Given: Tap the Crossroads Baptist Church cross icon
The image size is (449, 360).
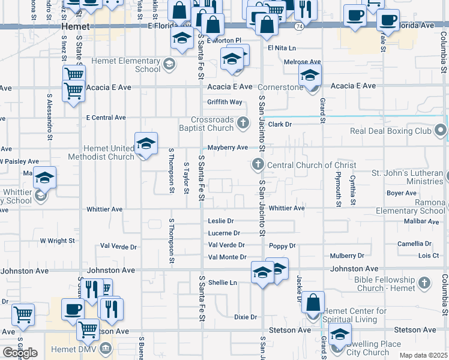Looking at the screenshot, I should pyautogui.click(x=243, y=123).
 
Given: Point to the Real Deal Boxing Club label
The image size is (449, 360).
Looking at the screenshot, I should pyautogui.click(x=390, y=131).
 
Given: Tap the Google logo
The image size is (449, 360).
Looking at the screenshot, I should pyautogui.click(x=20, y=353).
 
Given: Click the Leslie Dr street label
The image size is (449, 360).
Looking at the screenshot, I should pyautogui.click(x=221, y=221).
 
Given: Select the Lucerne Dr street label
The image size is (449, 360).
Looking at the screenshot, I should pyautogui.click(x=224, y=233).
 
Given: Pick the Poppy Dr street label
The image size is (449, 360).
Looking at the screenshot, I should pyautogui.click(x=282, y=246).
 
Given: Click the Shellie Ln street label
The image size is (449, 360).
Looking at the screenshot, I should pyautogui.click(x=223, y=283).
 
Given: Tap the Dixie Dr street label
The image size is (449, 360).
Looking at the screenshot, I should pyautogui.click(x=246, y=317).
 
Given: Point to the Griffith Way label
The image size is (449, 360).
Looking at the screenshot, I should pyautogui.click(x=224, y=102).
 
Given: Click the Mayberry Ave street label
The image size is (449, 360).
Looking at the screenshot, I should pyautogui.click(x=228, y=148).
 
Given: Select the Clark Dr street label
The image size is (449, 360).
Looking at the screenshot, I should pyautogui.click(x=279, y=124).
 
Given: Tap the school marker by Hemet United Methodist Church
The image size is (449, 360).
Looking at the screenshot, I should pyautogui.click(x=146, y=144).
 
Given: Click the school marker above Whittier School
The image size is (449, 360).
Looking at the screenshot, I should pyautogui.click(x=44, y=178).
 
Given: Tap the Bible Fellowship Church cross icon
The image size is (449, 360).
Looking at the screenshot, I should pyautogui.click(x=424, y=282).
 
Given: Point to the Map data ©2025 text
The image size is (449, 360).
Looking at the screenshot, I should pyautogui.click(x=423, y=355).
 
